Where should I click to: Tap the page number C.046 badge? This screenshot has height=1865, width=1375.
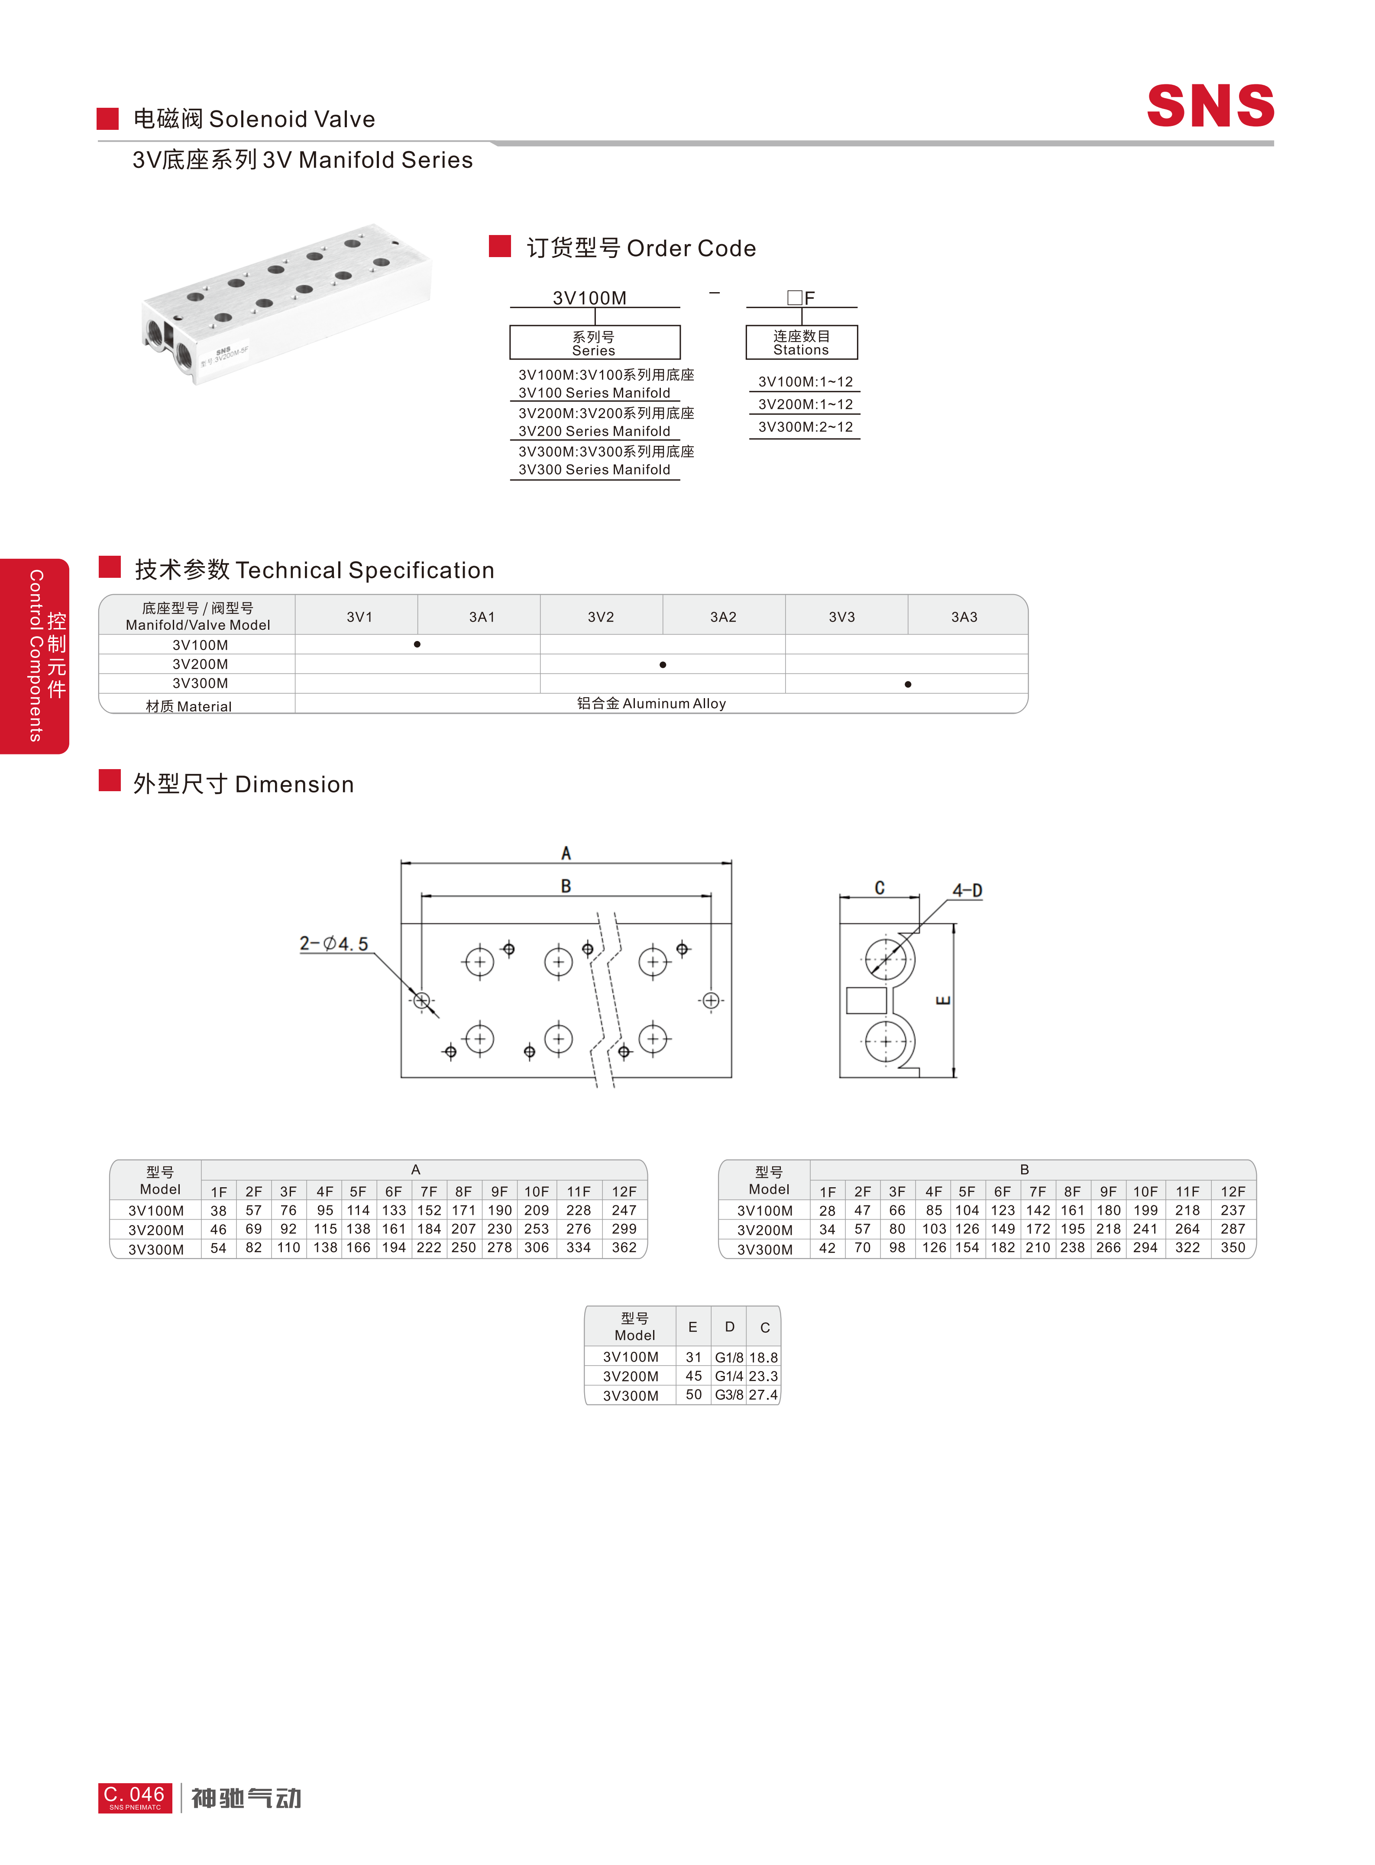click(135, 1797)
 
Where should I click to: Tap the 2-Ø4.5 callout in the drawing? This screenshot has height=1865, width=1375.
click(334, 943)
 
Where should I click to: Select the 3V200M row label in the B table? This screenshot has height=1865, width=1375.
click(765, 1230)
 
